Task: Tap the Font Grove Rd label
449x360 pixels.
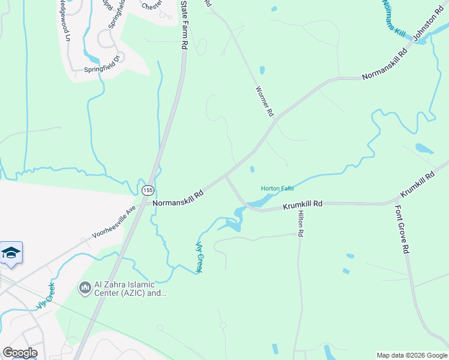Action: (x=402, y=230)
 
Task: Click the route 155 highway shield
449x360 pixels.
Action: (x=148, y=190)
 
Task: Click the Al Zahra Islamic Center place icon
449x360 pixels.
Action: (x=85, y=289)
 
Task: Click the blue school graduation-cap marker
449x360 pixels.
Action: (x=11, y=253)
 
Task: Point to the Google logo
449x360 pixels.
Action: (x=20, y=353)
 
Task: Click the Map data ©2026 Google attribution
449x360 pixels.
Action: (x=412, y=355)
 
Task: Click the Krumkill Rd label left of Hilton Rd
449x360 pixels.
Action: (x=303, y=204)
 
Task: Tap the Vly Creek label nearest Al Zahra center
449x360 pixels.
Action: (x=45, y=295)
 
